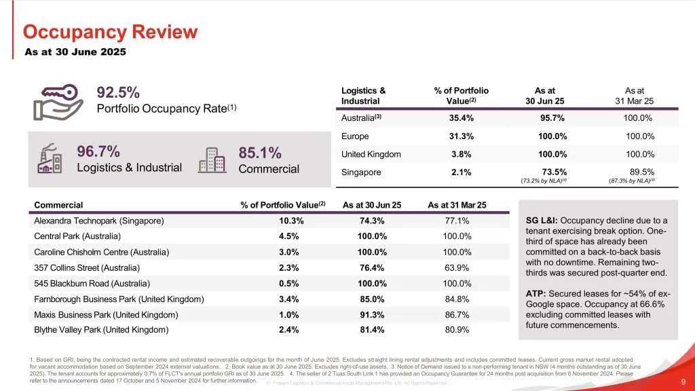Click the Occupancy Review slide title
[x=110, y=32]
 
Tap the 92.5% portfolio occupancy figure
[x=118, y=92]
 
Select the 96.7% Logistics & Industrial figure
[x=98, y=151]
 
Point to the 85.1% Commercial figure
[x=260, y=153]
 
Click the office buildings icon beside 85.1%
[x=212, y=159]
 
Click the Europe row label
[x=355, y=136]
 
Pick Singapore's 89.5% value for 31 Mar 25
[x=641, y=172]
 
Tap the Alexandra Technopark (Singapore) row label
[x=99, y=221]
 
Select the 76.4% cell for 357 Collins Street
[x=372, y=267]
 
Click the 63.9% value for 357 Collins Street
[x=457, y=267]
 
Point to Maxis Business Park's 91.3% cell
[x=372, y=314]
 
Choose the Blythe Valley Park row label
[x=100, y=330]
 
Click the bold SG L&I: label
[x=542, y=221]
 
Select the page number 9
[x=682, y=382]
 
